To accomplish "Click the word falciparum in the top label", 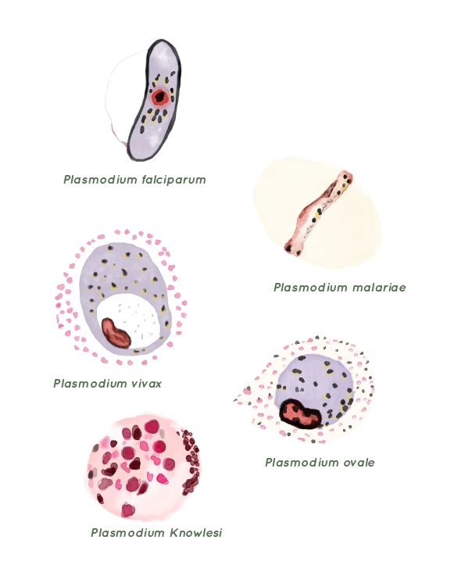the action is (174, 180).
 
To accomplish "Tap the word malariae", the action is (379, 288).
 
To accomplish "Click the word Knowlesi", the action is (196, 533).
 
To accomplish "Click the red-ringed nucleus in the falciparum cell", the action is (160, 98).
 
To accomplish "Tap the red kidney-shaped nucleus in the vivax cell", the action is (116, 333).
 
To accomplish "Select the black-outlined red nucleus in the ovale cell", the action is (300, 414).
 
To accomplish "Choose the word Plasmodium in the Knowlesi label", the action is (128, 533).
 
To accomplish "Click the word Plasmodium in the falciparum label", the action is (100, 180).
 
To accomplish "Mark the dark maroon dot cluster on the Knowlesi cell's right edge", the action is (190, 462).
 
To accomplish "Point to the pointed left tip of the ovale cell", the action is (235, 400).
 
